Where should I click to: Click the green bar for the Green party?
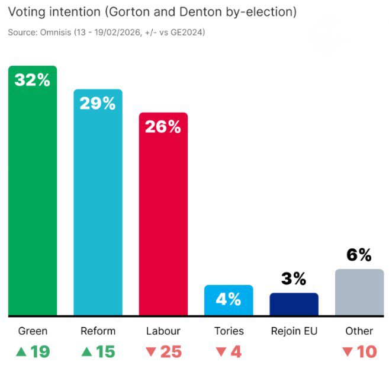[x=33, y=196]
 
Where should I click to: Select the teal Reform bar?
[x=98, y=207]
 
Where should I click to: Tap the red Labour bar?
[x=163, y=219]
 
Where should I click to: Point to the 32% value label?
[x=33, y=80]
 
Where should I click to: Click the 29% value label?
[x=98, y=103]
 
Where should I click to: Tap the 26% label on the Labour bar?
[x=163, y=126]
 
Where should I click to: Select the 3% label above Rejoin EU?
[x=294, y=278]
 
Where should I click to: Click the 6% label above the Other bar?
[x=359, y=255]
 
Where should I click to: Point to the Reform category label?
[x=98, y=331]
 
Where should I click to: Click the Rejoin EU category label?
[x=294, y=331]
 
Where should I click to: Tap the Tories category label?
[x=229, y=331]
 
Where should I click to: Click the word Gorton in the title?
[x=127, y=12]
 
